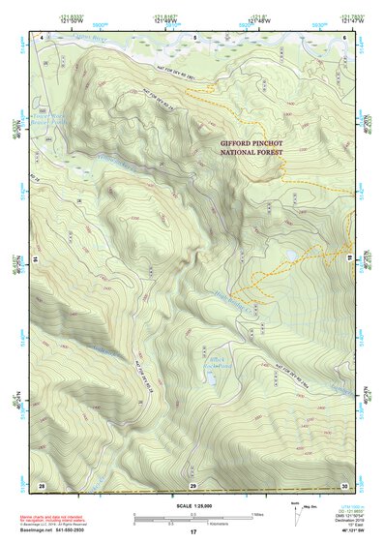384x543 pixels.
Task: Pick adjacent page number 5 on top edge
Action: (193, 37)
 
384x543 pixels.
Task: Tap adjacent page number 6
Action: (345, 37)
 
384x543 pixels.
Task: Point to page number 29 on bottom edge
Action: (193, 483)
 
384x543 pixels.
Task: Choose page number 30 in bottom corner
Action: (345, 483)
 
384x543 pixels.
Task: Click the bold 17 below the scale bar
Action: (193, 532)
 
